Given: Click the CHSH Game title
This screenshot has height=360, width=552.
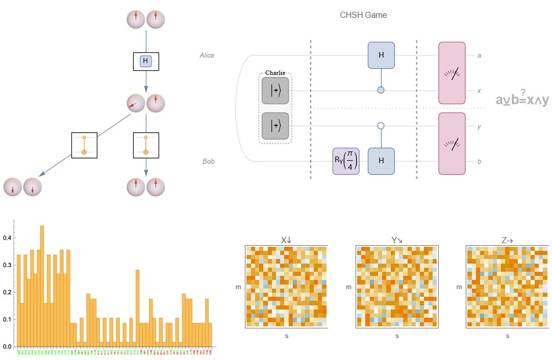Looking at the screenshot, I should pos(363,15).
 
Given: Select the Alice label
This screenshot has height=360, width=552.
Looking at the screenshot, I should pos(207,55).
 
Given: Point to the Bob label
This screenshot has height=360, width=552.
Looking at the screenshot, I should pos(208,162).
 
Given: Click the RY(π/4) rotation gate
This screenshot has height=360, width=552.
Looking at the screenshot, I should pos(346,161).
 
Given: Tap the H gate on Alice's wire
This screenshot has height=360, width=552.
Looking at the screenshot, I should pos(381,55).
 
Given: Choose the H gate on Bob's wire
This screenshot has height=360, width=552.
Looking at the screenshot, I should pos(381,161).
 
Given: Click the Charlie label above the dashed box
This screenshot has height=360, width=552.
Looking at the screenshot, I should pos(275,73).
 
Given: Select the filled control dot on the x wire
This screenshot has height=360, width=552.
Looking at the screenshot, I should pos(381,90).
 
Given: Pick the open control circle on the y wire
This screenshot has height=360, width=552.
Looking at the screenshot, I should pos(381,126).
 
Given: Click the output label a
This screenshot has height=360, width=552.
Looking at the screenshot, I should pos(479,55).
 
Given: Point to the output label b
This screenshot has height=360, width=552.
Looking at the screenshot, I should pos(479,162).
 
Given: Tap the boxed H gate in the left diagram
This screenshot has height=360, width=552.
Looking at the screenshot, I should pos(146,62).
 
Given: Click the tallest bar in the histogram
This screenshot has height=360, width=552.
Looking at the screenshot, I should pos(42,286).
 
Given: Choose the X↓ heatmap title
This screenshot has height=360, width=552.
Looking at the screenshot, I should pos(286,240).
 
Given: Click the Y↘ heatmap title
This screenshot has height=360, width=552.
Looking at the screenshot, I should pos(397,240).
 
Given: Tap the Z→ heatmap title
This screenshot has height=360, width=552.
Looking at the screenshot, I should pos(507,240).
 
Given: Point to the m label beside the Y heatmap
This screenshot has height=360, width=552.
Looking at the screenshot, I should pos(348,287).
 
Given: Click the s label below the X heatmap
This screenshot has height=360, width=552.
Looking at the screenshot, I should pos(286,336).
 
